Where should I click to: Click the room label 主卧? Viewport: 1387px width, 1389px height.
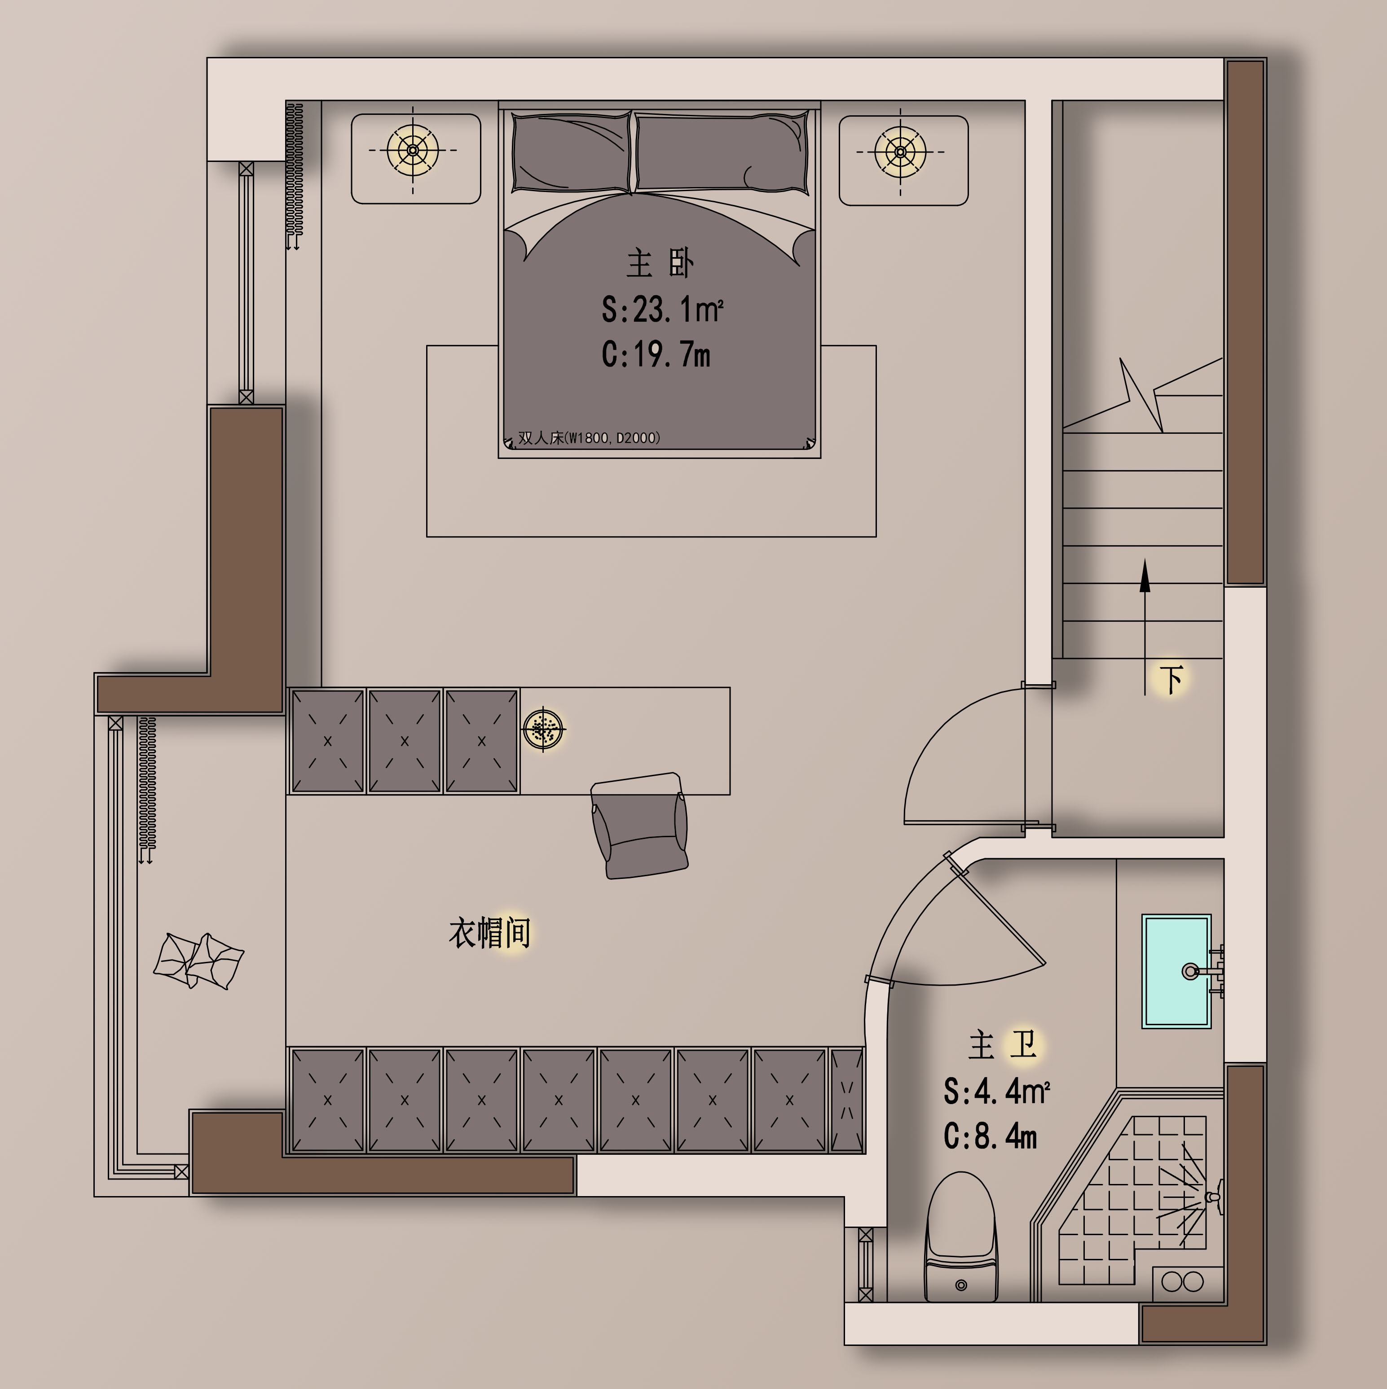pyautogui.click(x=660, y=263)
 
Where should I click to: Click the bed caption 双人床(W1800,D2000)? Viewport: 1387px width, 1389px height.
pyautogui.click(x=589, y=438)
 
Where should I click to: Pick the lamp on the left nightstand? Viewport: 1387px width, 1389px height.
pyautogui.click(x=413, y=150)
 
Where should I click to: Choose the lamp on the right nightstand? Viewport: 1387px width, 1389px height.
pyautogui.click(x=900, y=152)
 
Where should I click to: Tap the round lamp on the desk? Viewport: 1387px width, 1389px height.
pyautogui.click(x=543, y=730)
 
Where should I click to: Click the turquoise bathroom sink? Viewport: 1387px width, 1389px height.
pyautogui.click(x=1176, y=970)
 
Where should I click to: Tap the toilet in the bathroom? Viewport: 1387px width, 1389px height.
pyautogui.click(x=961, y=1236)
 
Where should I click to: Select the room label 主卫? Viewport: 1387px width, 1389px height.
pyautogui.click(x=1002, y=1044)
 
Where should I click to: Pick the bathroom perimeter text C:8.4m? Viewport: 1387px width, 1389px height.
pyautogui.click(x=990, y=1136)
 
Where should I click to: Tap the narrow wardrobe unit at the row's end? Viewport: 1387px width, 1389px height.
pyautogui.click(x=847, y=1100)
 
